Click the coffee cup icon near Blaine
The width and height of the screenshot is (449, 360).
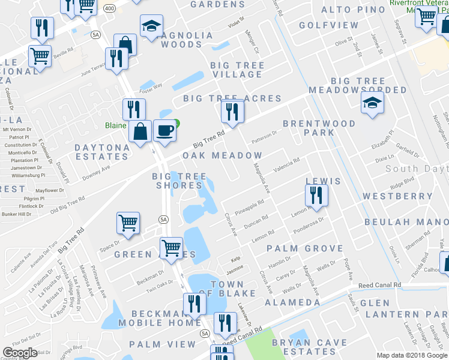(164, 130)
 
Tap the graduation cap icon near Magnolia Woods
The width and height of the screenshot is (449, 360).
(152, 26)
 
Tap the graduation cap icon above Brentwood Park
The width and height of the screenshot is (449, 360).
(372, 104)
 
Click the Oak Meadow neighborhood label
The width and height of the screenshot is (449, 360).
(222, 155)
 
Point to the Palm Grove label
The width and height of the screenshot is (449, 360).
(305, 248)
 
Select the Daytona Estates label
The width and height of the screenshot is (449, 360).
(102, 152)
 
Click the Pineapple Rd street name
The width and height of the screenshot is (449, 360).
(250, 208)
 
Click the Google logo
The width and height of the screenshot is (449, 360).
(20, 353)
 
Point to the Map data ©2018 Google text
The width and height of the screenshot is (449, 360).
(412, 355)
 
